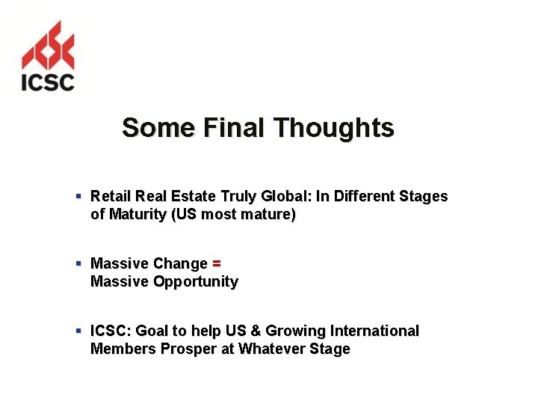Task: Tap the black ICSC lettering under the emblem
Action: pos(48,80)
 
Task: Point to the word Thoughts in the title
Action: pos(333,128)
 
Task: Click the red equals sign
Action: pos(217,264)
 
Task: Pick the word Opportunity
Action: pos(196,282)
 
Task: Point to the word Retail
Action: pos(111,197)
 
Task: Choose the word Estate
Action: pos(195,197)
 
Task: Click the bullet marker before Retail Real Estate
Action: pos(78,197)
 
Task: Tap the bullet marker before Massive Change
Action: pos(78,264)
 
